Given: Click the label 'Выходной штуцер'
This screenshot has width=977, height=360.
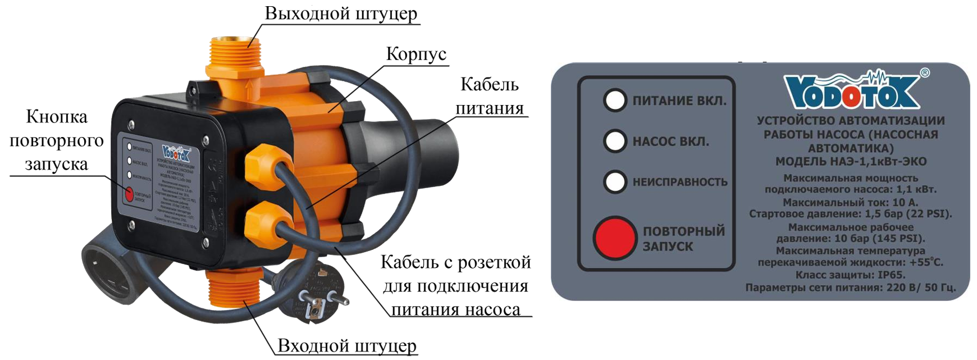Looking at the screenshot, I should point(341,13).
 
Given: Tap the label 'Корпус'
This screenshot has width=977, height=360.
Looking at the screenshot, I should point(416,54).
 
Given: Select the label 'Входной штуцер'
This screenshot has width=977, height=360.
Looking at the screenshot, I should point(346,345).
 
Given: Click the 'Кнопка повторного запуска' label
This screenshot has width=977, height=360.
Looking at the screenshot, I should point(57,140).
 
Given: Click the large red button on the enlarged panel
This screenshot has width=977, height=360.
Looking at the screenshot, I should point(614,238).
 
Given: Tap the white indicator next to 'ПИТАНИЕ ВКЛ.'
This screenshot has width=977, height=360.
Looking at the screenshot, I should point(615,101).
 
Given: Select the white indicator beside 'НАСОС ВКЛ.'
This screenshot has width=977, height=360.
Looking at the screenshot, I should point(615,141).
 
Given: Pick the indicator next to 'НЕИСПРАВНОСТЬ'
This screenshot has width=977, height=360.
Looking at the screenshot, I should point(615,182).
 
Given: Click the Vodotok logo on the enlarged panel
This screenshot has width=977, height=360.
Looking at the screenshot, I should point(852,92).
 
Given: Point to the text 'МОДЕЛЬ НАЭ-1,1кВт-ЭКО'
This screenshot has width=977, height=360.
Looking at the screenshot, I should point(851,162).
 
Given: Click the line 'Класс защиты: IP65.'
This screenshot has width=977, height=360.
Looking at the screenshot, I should point(850,275).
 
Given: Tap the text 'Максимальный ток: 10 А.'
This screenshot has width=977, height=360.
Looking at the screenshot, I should point(850,202).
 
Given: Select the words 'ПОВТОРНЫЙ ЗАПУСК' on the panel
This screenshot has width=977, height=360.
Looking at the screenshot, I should point(683,239).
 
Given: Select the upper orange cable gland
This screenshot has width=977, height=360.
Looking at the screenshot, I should point(261,161).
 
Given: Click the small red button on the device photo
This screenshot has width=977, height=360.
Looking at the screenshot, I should point(129,194).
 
